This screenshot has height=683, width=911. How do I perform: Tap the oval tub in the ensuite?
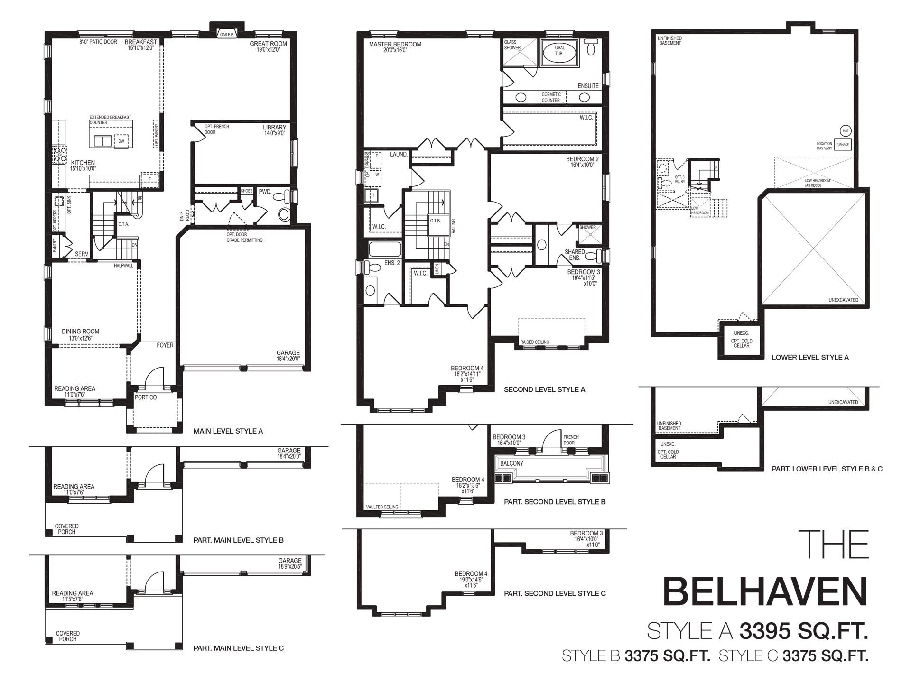(x=559, y=51)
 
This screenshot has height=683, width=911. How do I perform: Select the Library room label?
(x=275, y=128)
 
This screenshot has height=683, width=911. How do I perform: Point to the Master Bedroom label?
(x=395, y=45)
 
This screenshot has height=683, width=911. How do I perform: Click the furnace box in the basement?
(x=842, y=145)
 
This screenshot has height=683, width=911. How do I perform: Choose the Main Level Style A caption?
(x=228, y=431)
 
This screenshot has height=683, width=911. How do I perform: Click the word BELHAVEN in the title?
(x=765, y=591)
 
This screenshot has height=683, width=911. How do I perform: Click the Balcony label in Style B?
(x=511, y=463)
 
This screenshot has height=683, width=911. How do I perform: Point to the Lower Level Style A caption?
(x=810, y=357)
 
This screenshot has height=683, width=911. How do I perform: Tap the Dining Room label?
(x=81, y=332)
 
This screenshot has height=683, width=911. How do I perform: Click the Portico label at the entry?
(x=145, y=397)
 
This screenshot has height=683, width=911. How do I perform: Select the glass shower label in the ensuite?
(x=512, y=45)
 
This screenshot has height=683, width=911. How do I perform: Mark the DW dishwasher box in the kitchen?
(x=121, y=141)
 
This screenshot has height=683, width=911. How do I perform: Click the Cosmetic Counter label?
(x=551, y=97)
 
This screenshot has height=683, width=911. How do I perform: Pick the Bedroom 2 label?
(x=582, y=159)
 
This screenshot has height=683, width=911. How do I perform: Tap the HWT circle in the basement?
(x=845, y=130)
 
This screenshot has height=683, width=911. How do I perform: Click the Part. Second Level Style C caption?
(x=555, y=593)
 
